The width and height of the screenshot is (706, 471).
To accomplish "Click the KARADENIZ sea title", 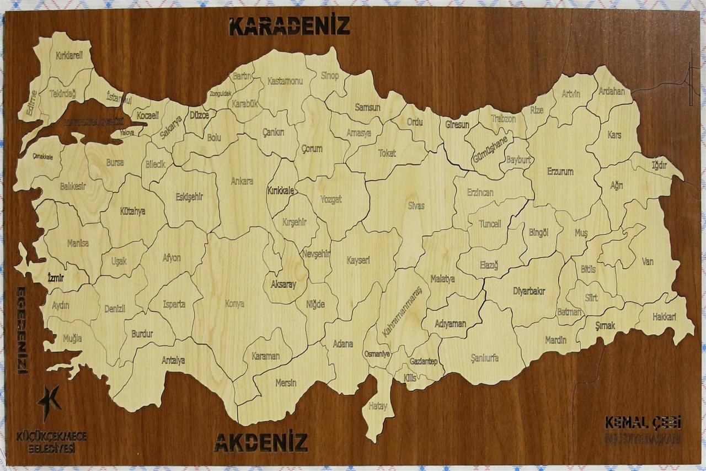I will tap(290, 26).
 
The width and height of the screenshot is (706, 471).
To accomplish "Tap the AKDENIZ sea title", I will tap(260, 442).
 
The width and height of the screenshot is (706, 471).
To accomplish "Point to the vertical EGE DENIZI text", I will tap(22, 330).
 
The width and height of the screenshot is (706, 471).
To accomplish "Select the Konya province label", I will tap(234, 303).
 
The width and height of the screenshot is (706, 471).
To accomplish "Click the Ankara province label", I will tap(242, 181).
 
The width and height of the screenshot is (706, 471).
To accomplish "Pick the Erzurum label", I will tap(560, 171).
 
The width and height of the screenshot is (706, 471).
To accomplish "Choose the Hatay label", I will tap(378, 406).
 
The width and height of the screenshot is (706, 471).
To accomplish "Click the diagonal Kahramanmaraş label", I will tap(402, 311).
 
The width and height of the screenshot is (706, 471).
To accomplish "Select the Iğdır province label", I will tap(659, 165).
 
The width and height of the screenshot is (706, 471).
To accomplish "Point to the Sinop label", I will tap(330, 76).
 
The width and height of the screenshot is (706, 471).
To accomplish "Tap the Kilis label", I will tap(410, 378).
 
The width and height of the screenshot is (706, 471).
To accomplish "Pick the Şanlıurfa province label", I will tap(485, 358).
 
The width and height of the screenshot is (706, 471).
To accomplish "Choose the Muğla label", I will tap(72, 338).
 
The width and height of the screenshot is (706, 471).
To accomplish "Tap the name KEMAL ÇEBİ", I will tap(643, 423).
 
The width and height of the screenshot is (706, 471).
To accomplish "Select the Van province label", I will tap(647, 261).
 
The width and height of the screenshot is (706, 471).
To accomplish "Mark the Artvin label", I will tap(571, 94).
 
